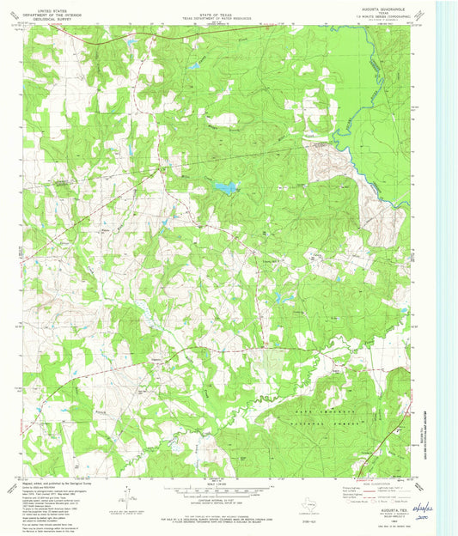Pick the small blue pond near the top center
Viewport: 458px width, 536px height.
tap(195, 66)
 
